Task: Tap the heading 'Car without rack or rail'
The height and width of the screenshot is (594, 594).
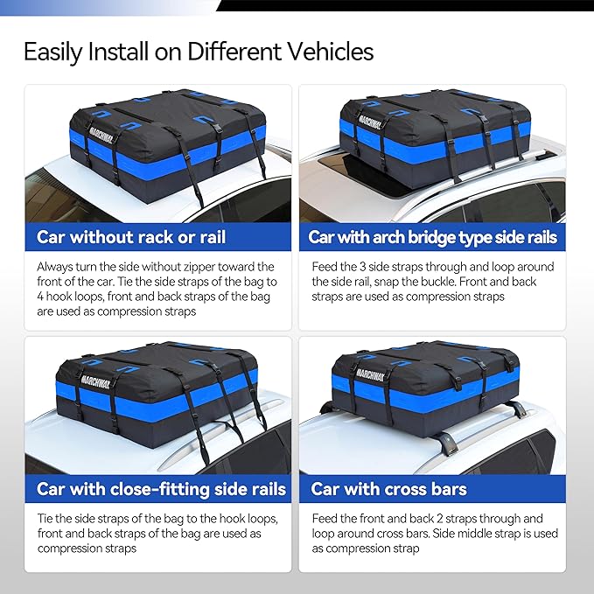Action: [x=131, y=237]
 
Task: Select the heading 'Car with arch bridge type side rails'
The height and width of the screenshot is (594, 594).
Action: [x=432, y=237]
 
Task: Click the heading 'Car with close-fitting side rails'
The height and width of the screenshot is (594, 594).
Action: [x=162, y=489]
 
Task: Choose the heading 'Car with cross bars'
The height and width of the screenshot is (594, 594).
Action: [x=388, y=489]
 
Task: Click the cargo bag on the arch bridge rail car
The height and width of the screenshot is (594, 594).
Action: [x=435, y=131]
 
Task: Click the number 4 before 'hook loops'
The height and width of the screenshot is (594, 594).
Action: [x=40, y=297]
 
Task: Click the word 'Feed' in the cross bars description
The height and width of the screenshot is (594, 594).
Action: [x=326, y=518]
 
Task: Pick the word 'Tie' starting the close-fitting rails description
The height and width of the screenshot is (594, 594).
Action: [x=45, y=518]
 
